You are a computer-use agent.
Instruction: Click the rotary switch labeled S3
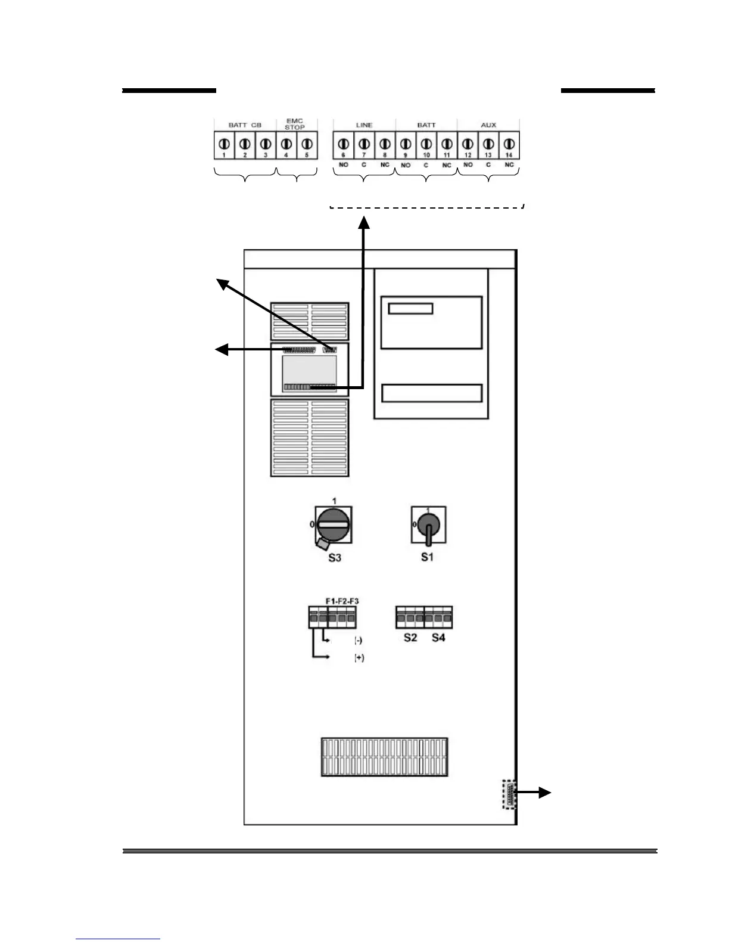pos(334,525)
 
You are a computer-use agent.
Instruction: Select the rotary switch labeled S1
pos(428,525)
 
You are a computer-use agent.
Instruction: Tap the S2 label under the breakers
pos(410,638)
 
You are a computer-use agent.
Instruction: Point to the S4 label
pos(438,638)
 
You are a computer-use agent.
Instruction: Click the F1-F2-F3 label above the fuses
pos(342,601)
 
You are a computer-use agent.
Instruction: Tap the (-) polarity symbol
pos(359,641)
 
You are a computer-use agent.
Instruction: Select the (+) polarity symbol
pos(359,658)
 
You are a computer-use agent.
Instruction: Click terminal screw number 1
pos(225,144)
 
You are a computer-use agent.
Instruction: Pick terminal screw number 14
pos(509,144)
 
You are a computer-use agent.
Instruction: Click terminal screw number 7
pos(364,144)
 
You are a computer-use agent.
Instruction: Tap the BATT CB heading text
pos(245,125)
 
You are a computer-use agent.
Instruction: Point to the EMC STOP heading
pos(295,124)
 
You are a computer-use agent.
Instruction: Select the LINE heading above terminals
pos(364,125)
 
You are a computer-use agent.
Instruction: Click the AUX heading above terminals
pos(488,125)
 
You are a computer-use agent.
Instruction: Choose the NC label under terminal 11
pos(447,165)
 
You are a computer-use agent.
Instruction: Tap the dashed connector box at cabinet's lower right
pos(509,794)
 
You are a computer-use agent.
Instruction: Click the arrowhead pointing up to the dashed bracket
pos(364,223)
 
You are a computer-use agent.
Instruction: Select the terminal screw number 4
pos(286,144)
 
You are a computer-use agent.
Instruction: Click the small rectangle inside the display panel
pos(410,309)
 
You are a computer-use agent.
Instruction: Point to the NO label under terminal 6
pos(344,164)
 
